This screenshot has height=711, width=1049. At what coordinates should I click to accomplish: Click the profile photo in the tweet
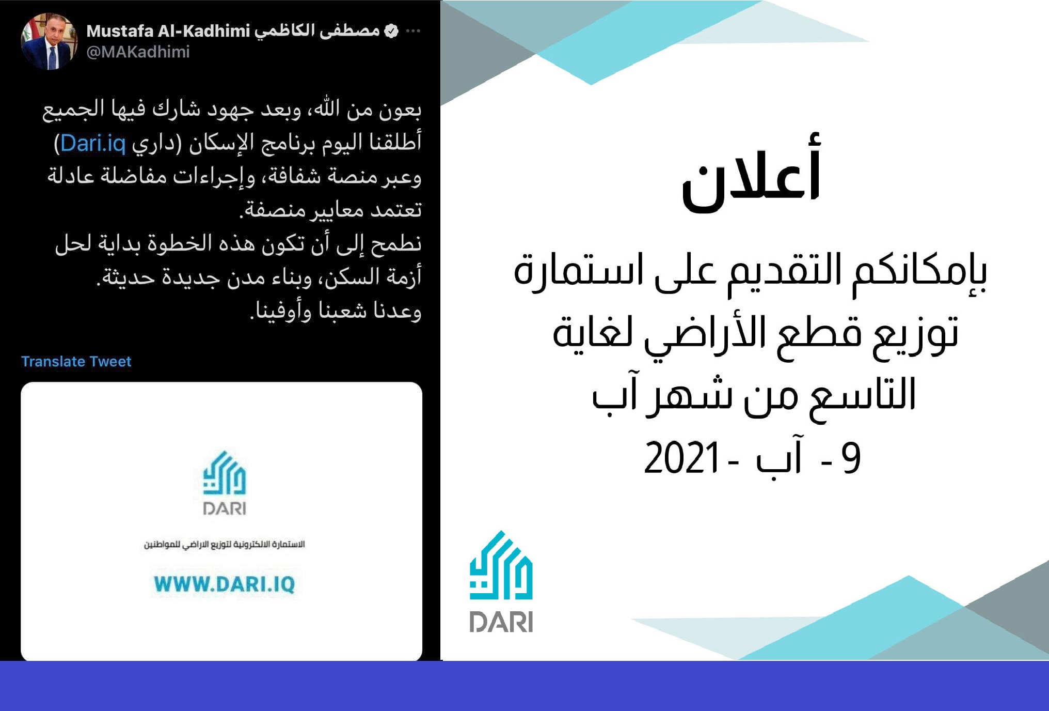(x=49, y=41)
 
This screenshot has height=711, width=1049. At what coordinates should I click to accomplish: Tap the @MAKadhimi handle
(x=138, y=52)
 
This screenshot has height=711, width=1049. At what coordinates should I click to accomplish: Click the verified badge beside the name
(x=392, y=31)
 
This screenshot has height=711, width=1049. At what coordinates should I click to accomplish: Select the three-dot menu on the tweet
(x=413, y=31)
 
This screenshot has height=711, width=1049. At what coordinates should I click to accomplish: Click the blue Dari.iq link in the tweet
(x=93, y=143)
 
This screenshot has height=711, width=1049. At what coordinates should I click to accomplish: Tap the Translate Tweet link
(x=76, y=361)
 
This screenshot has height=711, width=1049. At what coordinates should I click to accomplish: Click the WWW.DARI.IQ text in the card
(x=225, y=584)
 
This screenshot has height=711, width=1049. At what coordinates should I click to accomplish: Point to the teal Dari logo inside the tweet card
(x=225, y=472)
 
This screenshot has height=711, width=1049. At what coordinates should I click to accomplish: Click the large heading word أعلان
(x=751, y=173)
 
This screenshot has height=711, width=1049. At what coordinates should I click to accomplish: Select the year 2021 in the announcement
(x=682, y=458)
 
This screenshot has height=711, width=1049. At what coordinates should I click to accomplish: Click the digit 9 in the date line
(x=851, y=458)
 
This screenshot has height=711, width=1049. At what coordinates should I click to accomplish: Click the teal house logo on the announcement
(x=501, y=565)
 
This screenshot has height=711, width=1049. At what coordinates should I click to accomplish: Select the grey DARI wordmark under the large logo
(x=501, y=622)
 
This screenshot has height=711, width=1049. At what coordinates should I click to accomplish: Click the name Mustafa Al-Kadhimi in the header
(x=168, y=31)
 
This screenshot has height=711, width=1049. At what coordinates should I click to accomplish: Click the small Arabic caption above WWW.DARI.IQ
(x=225, y=545)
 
